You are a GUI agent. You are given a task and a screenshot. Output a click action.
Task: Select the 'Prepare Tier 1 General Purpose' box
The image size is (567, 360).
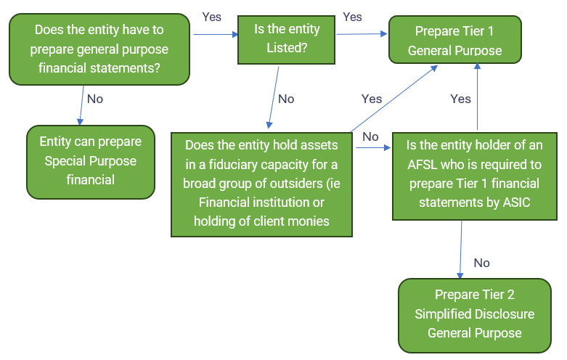pos(454,41)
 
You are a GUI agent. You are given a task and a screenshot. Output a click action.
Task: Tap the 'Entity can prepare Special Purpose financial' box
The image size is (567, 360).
pos(91,160)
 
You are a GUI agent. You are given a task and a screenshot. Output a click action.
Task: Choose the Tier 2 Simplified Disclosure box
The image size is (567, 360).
pos(474,314)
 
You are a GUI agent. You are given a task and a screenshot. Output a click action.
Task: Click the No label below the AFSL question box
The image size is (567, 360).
pos(481,263)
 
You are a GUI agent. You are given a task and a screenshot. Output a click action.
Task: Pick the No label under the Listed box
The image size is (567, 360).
pos(286,98)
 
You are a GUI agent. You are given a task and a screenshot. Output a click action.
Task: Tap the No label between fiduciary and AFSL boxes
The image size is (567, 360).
pos(370,136)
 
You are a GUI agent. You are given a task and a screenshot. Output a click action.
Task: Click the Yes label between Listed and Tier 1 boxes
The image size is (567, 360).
pos(352,16)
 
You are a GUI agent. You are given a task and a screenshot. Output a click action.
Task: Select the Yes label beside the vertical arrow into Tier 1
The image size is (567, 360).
pos(460,98)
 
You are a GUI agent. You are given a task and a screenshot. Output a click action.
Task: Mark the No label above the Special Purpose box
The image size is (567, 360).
pos(95,98)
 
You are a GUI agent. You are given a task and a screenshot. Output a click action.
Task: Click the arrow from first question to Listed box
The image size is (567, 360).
pos(214,33)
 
